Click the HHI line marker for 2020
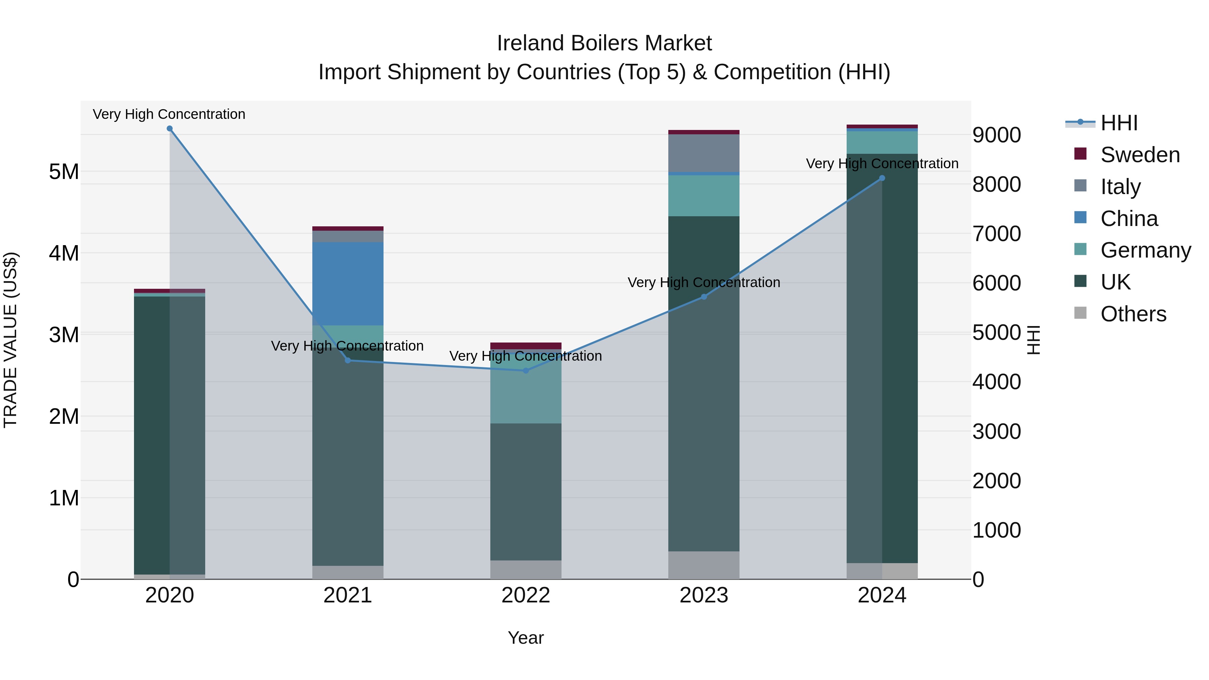coord(170,129)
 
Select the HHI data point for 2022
coord(526,371)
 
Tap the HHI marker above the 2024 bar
coord(882,178)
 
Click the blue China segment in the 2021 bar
coord(348,283)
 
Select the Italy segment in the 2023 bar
coord(704,153)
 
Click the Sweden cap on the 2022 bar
coord(526,346)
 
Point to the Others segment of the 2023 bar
coord(704,565)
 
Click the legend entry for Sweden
coord(1139,155)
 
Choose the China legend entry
coord(1129,219)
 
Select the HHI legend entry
coord(1118,123)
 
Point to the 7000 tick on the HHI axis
coord(996,234)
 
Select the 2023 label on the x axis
coord(704,595)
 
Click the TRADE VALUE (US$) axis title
coord(10,340)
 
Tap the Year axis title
coord(526,638)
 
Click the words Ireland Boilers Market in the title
coord(604,43)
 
